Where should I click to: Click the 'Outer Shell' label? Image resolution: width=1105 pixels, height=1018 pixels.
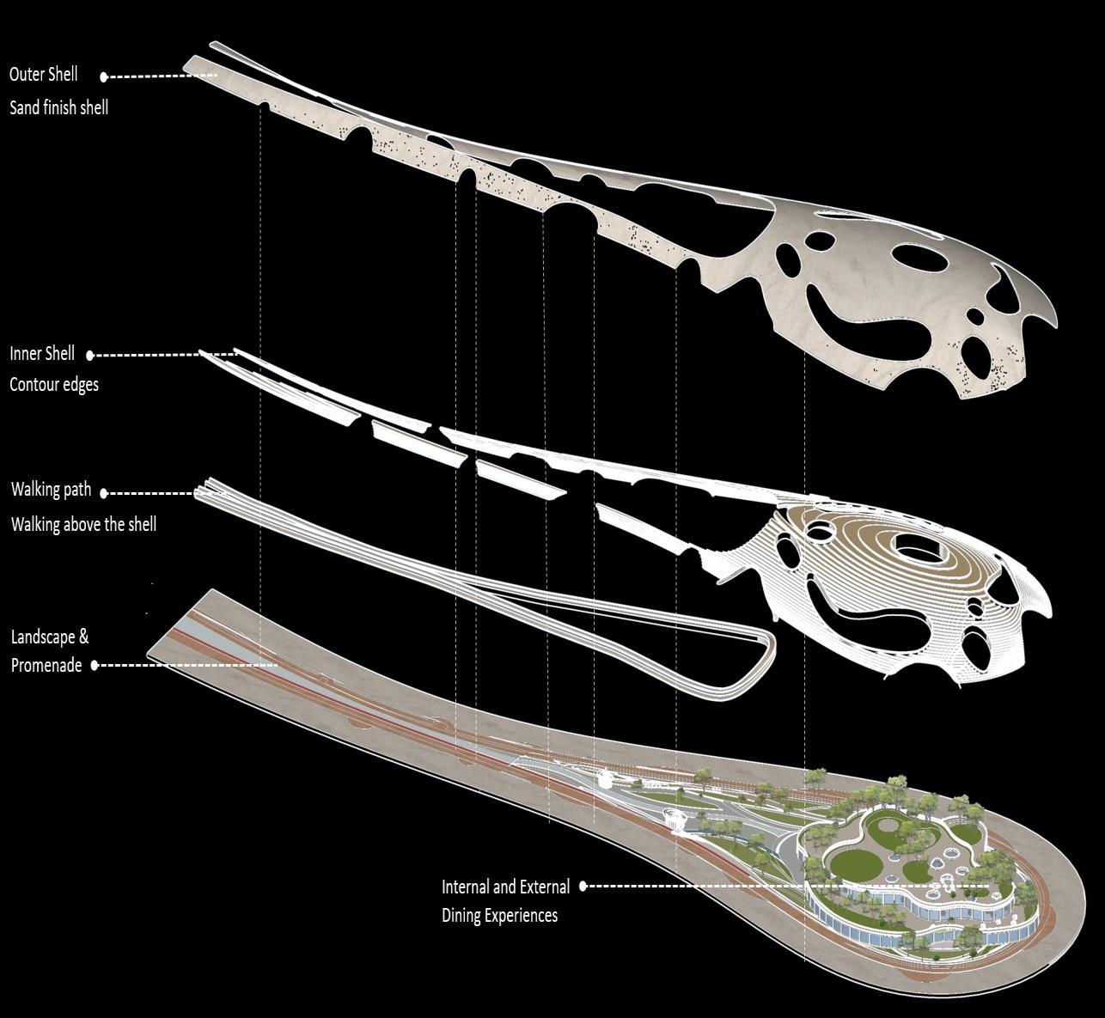[x=43, y=75]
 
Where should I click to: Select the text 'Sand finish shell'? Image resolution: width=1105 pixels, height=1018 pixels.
[x=58, y=108]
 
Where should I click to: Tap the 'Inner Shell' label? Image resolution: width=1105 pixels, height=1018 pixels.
[x=42, y=354]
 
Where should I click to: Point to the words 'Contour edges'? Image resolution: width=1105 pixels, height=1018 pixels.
[x=54, y=385]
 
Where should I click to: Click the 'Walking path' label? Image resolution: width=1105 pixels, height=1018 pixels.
[x=51, y=490]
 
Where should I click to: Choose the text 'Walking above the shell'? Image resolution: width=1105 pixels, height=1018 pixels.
[x=83, y=524]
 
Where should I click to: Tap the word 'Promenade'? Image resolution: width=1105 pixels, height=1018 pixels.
[x=46, y=666]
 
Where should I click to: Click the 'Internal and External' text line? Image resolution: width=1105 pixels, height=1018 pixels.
[x=505, y=887]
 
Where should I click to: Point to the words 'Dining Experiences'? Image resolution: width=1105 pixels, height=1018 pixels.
[x=499, y=916]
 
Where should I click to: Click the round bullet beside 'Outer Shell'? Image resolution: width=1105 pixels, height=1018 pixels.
[x=104, y=76]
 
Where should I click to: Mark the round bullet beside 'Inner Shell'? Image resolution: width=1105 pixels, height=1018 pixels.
[x=90, y=355]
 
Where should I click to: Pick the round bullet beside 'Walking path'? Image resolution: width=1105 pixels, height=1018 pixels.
[x=104, y=493]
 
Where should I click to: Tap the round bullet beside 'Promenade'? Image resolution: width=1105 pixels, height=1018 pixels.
[x=95, y=666]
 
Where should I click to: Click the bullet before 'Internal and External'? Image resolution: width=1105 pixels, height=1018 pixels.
[x=583, y=887]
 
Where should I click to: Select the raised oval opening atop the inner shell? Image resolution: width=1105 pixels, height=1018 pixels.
[x=919, y=546]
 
